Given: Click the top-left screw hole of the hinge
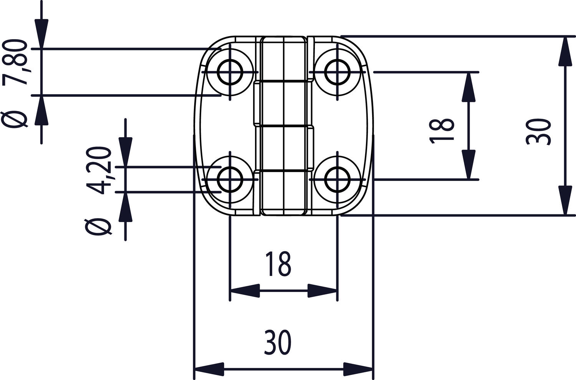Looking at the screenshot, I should pyautogui.click(x=230, y=72).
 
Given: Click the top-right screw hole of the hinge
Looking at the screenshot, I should pyautogui.click(x=338, y=72).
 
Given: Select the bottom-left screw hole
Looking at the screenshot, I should pyautogui.click(x=230, y=179).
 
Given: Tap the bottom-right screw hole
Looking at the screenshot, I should pyautogui.click(x=338, y=179).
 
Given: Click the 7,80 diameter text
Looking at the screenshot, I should pyautogui.click(x=17, y=61).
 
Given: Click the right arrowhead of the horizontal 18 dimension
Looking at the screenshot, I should pyautogui.click(x=323, y=291).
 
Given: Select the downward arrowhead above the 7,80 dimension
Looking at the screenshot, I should pyautogui.click(x=41, y=34).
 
